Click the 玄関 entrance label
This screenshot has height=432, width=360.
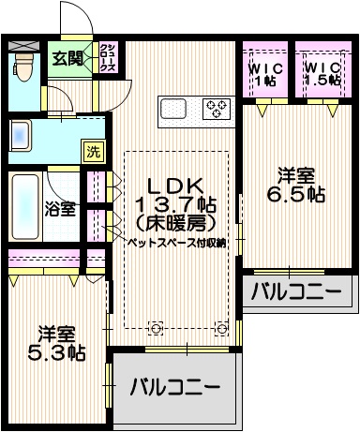[x=67, y=59]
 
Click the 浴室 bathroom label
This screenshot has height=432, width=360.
[x=62, y=209]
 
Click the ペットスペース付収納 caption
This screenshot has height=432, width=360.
[x=176, y=242]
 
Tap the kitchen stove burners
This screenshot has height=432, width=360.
[x=217, y=108]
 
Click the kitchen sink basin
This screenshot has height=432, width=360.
[x=176, y=109]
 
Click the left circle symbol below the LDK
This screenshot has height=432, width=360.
[x=156, y=328]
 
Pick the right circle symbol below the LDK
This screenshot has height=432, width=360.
[x=222, y=328]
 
